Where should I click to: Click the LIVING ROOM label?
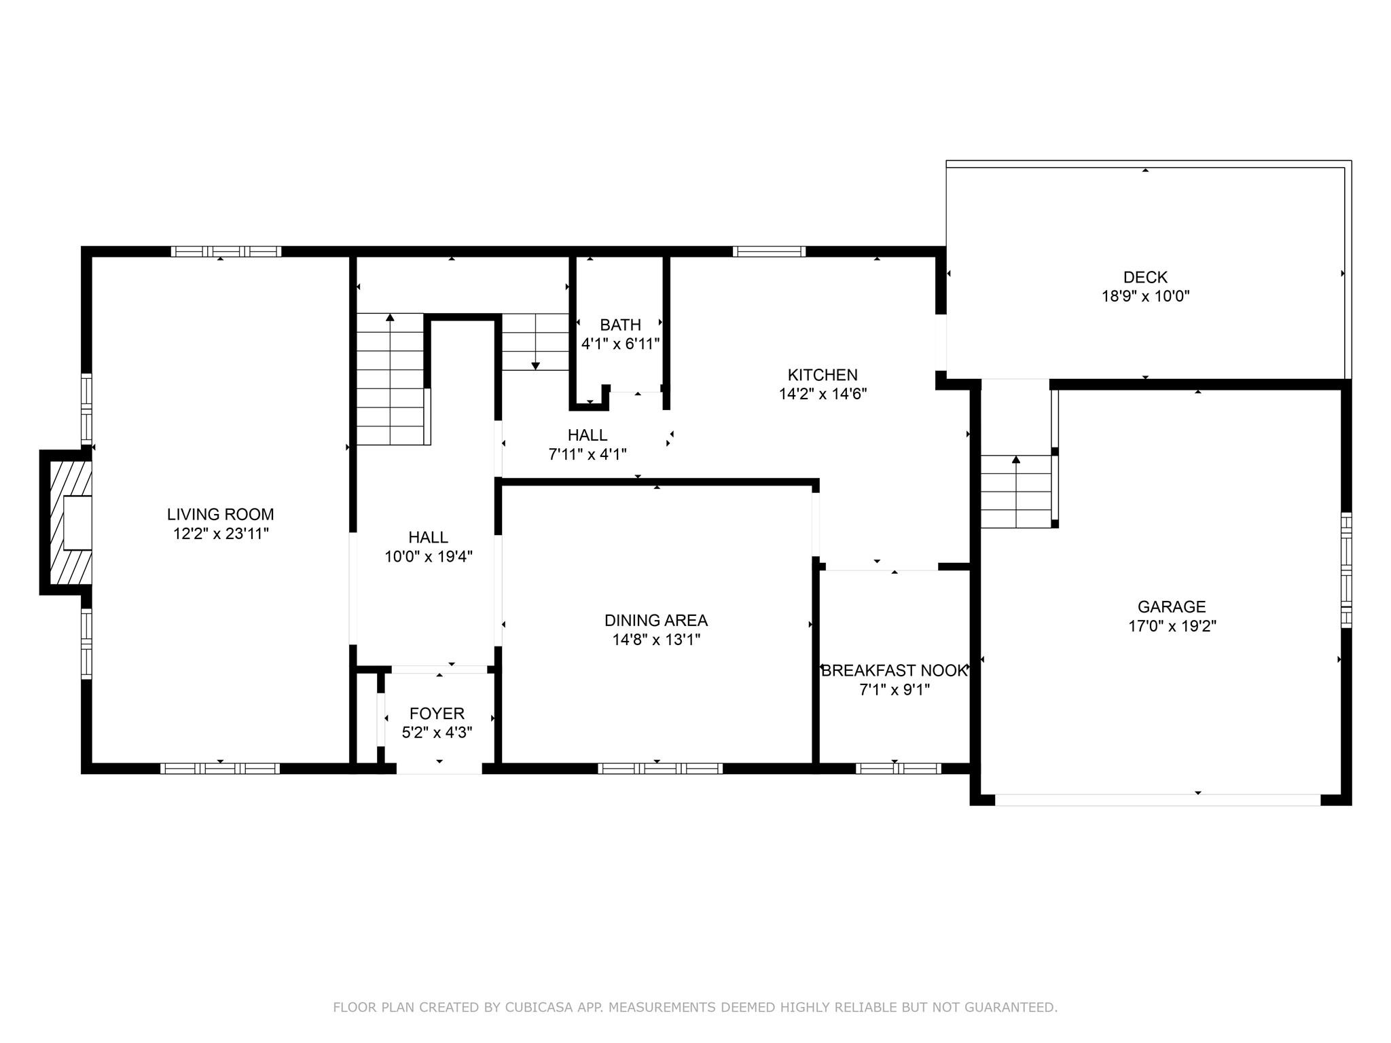(221, 515)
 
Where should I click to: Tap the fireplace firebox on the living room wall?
(77, 522)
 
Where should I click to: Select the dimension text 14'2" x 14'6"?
(823, 394)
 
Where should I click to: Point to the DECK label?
(1145, 277)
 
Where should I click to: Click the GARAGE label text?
(1172, 606)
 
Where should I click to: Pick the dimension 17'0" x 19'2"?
(1172, 626)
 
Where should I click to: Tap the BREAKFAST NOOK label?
(894, 671)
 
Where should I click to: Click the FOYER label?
(437, 714)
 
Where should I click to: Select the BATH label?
(620, 325)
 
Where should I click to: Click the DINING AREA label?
(656, 620)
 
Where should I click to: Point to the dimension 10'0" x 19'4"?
(428, 557)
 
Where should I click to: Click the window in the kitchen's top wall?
(769, 251)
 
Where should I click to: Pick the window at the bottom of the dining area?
(660, 769)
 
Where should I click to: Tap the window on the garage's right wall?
(1346, 570)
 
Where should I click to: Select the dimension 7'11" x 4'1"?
(588, 454)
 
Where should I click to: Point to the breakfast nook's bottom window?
(898, 769)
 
